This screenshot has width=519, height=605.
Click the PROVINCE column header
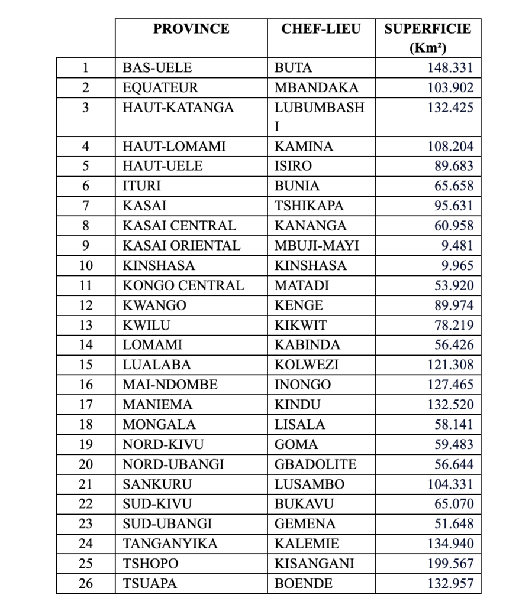click(191, 29)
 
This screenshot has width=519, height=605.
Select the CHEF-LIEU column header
click(321, 29)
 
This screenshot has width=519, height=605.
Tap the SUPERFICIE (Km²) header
click(428, 38)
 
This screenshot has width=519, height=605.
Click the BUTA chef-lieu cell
click(293, 67)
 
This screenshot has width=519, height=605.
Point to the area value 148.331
click(450, 67)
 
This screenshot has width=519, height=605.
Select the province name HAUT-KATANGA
click(178, 108)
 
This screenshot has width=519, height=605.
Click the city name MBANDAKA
click(317, 87)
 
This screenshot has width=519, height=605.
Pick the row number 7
click(86, 206)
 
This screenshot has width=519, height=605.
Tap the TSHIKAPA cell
click(309, 206)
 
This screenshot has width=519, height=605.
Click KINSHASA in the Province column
click(159, 266)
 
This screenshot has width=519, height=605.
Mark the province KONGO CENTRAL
click(183, 285)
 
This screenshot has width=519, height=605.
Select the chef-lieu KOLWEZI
click(307, 365)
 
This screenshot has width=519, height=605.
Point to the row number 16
click(86, 385)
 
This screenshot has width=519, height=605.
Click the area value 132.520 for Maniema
click(450, 405)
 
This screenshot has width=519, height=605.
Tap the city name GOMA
click(296, 444)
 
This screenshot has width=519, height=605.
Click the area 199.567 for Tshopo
click(450, 564)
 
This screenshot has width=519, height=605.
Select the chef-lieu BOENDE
click(304, 584)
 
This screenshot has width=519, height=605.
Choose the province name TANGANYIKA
click(170, 544)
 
